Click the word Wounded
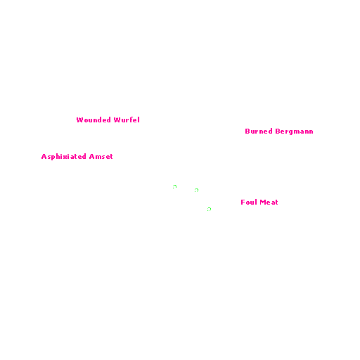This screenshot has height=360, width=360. click(x=94, y=120)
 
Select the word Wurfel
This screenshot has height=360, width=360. click(x=127, y=120)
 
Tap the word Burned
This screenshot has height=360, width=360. click(x=259, y=131)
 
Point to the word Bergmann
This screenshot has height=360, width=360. click(x=294, y=131)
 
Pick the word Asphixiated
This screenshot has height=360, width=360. click(x=63, y=157)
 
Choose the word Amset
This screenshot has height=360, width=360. click(x=101, y=157)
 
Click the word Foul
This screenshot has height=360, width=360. click(x=249, y=202)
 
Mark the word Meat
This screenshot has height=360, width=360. click(x=269, y=202)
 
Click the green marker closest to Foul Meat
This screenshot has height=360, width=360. click(x=210, y=208)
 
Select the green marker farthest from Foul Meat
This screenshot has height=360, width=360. click(x=174, y=186)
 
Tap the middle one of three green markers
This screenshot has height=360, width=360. click(x=197, y=189)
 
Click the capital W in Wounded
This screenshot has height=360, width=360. click(x=80, y=120)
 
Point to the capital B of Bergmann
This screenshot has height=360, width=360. click(x=278, y=131)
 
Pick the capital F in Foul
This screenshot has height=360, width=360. click(x=243, y=202)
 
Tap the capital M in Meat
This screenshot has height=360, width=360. click(x=263, y=202)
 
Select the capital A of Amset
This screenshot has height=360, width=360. click(x=91, y=157)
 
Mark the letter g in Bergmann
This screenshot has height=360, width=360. click(x=292, y=132)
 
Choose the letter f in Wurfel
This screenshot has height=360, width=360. click(x=131, y=120)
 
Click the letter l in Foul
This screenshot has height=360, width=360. click(x=256, y=202)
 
